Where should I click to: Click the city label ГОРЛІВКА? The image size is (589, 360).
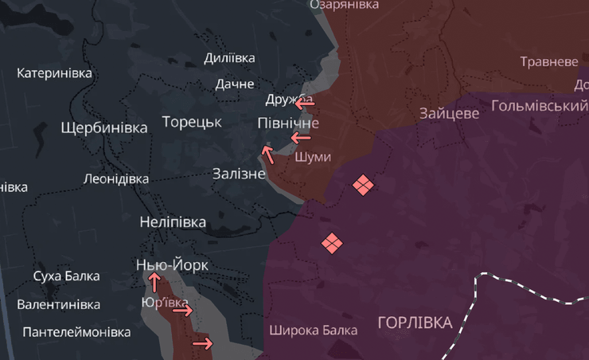tap(415, 323)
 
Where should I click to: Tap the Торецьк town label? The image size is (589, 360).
tap(192, 122)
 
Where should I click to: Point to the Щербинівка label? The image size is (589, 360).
tap(104, 127)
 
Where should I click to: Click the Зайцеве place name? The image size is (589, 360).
tap(450, 114)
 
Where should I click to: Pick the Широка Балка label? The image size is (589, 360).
tap(313, 330)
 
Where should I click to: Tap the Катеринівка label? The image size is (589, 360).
tap(54, 73)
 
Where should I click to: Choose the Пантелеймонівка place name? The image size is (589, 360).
tap(76, 331)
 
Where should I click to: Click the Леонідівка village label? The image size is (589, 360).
tap(116, 178)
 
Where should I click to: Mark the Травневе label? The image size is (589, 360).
tap(549, 61)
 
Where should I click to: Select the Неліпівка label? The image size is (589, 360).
tap(173, 222)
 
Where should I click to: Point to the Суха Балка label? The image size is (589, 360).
tap(67, 276)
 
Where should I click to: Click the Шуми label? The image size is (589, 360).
tap(313, 157)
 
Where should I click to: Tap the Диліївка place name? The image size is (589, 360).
tap(229, 58)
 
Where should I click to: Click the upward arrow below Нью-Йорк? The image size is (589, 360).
tap(154, 282)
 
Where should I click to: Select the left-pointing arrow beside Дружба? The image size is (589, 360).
tap(303, 103)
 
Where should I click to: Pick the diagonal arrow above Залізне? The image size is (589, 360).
tap(268, 154)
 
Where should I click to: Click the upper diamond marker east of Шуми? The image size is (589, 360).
tap(363, 186)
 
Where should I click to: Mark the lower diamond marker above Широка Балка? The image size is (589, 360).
tap(332, 243)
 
